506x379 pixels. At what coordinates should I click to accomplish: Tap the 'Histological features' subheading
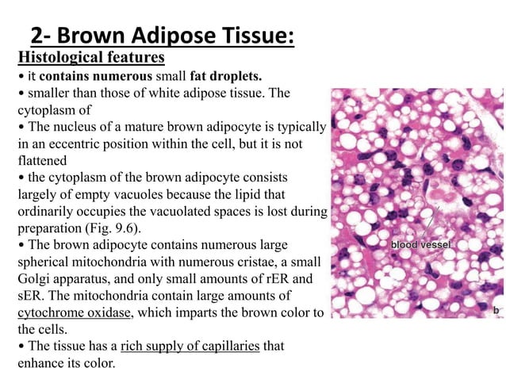pyautogui.click(x=91, y=57)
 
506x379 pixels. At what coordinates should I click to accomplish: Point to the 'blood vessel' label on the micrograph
pyautogui.click(x=420, y=245)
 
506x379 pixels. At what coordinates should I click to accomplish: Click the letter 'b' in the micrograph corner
pyautogui.click(x=496, y=309)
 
